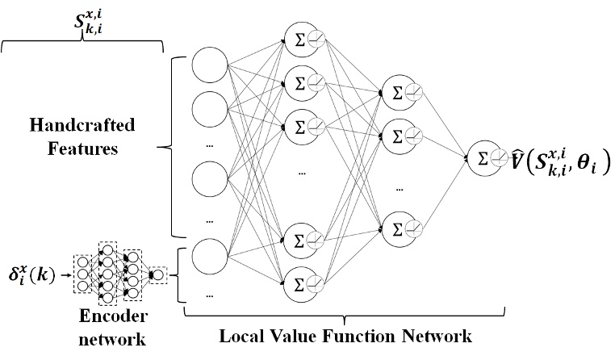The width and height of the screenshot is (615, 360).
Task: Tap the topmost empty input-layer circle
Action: (209, 70)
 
